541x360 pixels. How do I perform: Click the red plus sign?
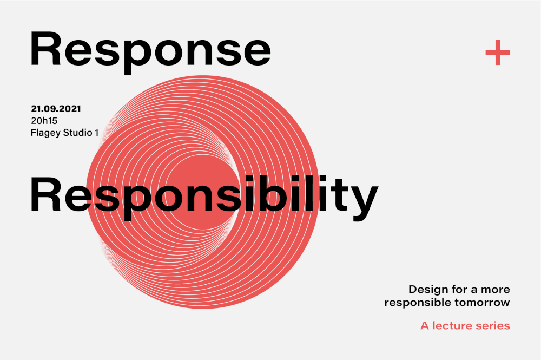point(498,53)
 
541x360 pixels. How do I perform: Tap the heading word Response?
point(150,52)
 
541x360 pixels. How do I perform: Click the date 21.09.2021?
point(56,109)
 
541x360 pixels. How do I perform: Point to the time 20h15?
point(44,121)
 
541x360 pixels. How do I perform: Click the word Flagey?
point(44,133)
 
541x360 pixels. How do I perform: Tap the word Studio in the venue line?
point(77,133)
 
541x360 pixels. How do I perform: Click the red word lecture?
point(452,325)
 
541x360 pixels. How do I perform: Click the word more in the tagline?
point(495,290)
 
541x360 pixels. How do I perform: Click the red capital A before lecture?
point(425,325)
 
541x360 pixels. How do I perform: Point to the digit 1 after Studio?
point(97,133)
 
